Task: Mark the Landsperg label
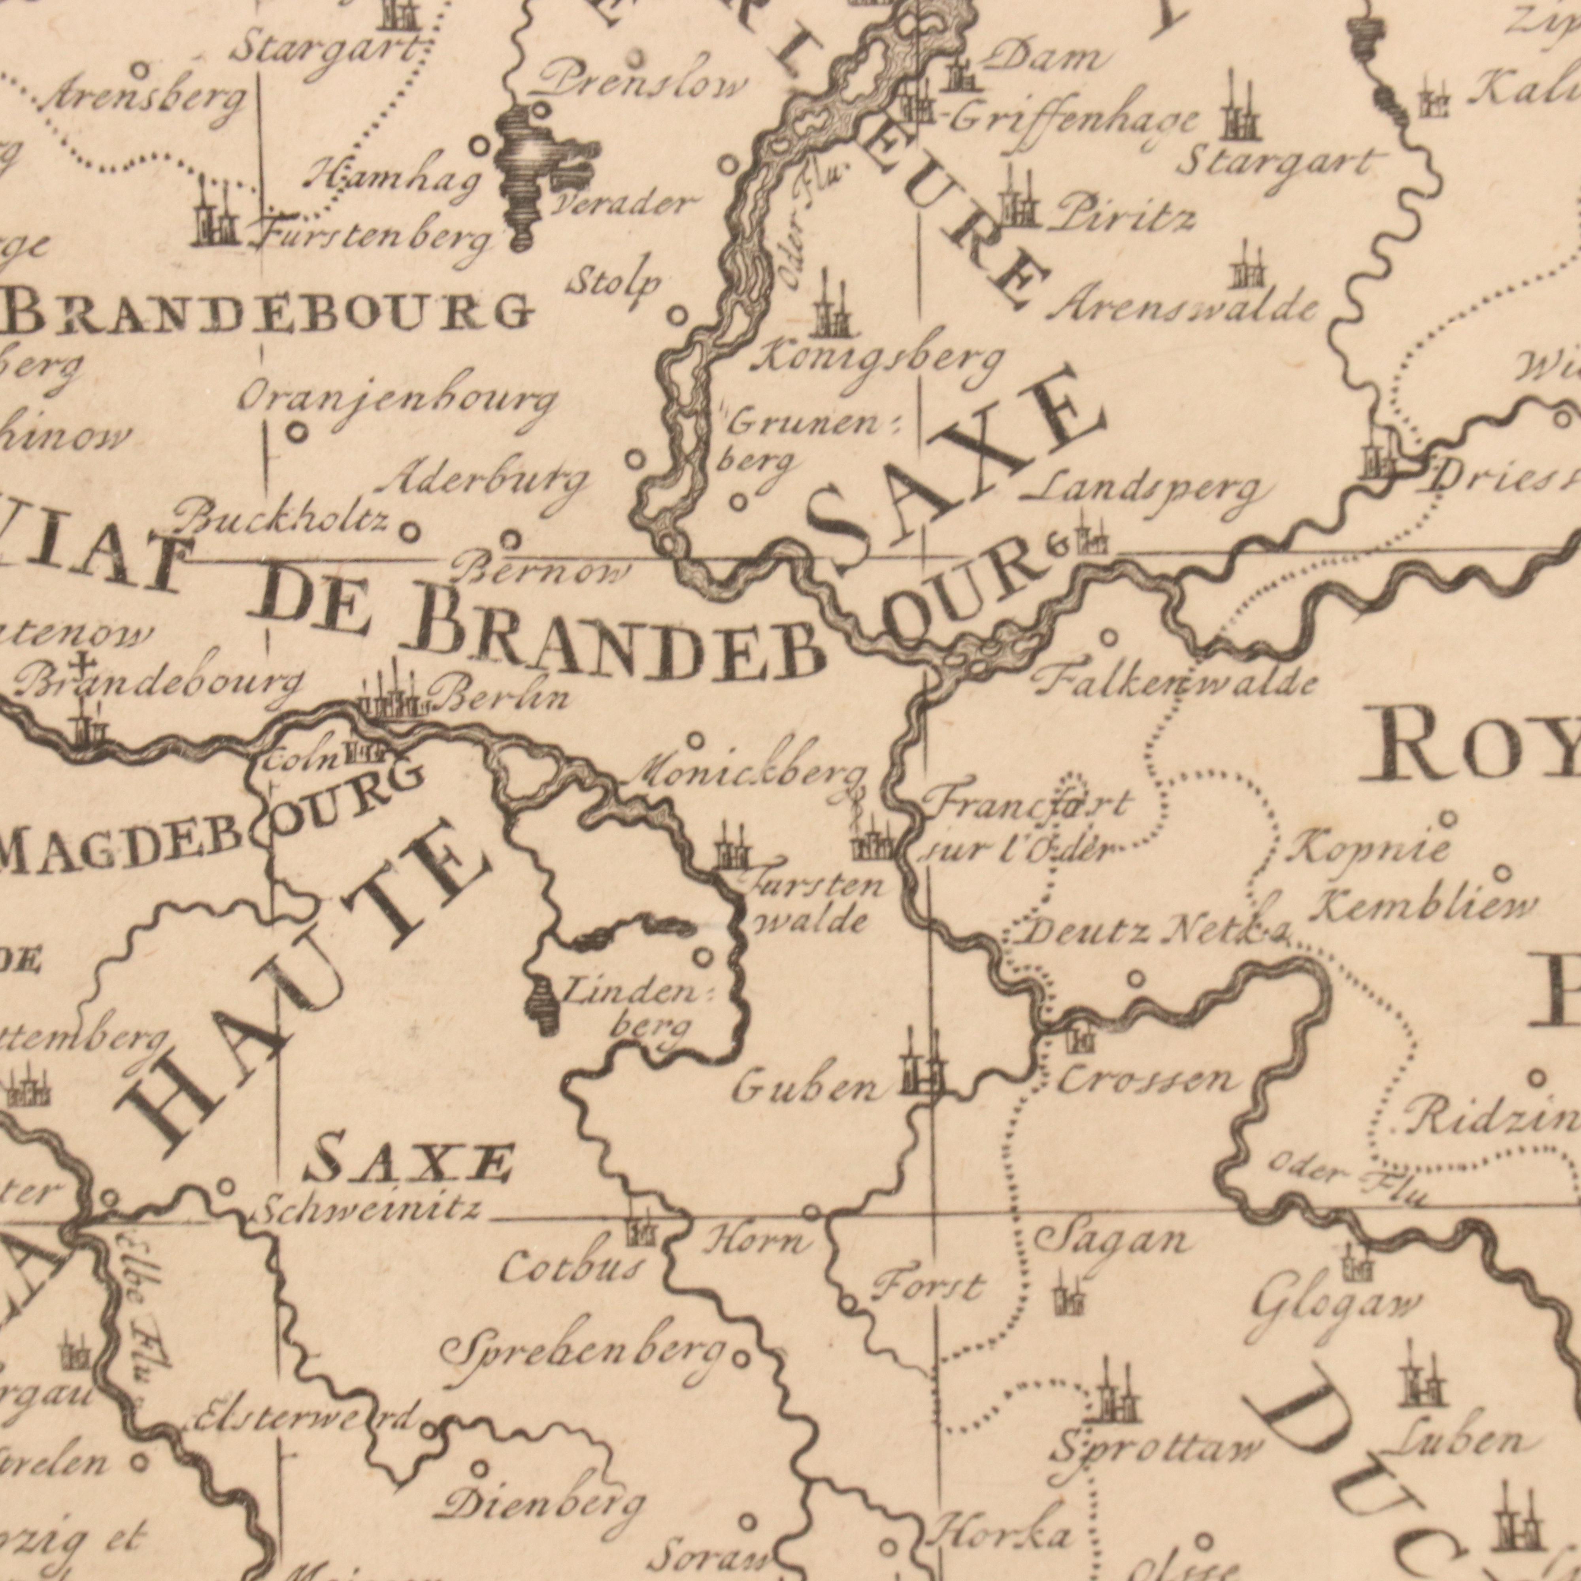click(x=1146, y=491)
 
